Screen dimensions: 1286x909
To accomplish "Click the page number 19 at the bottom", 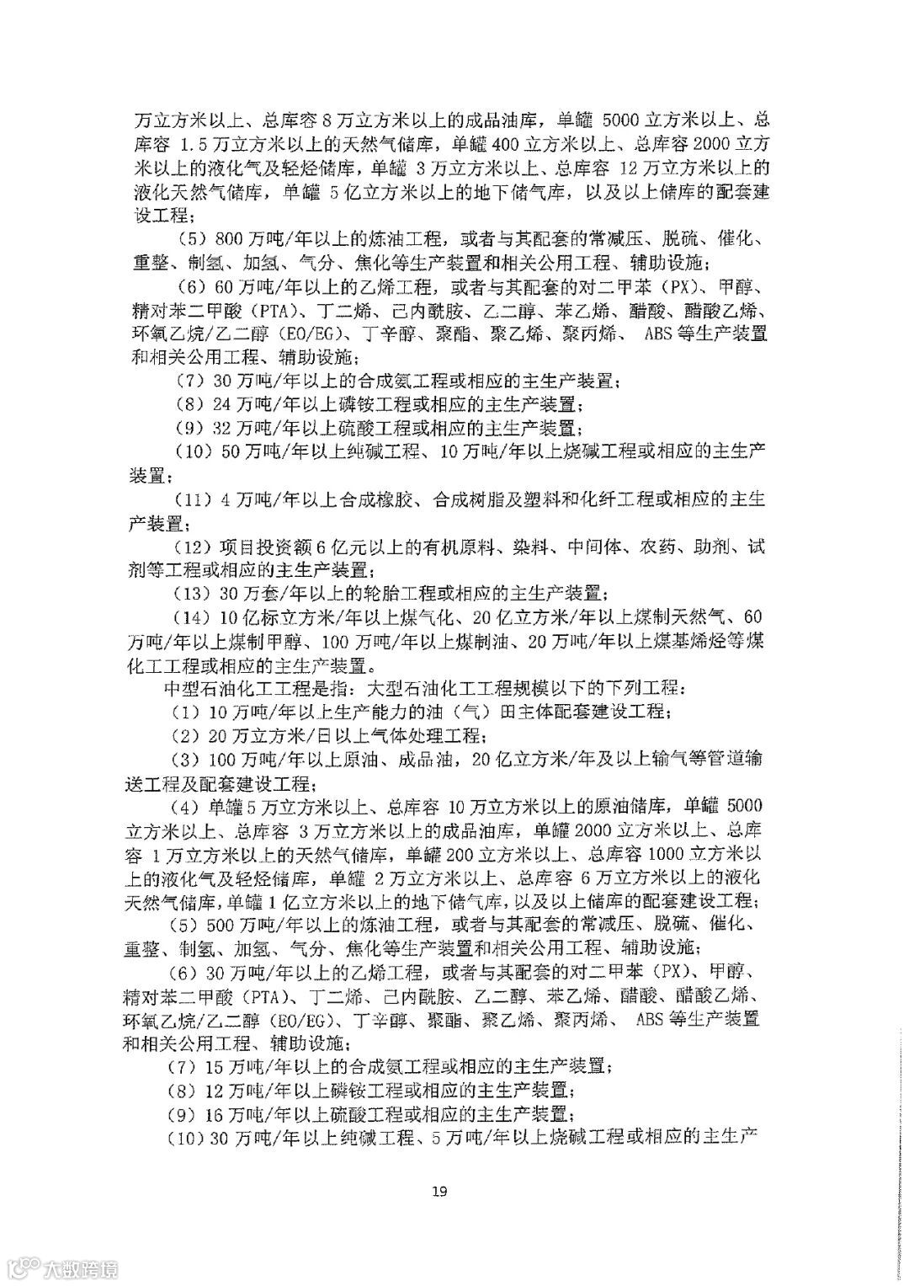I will coord(438,1190).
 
